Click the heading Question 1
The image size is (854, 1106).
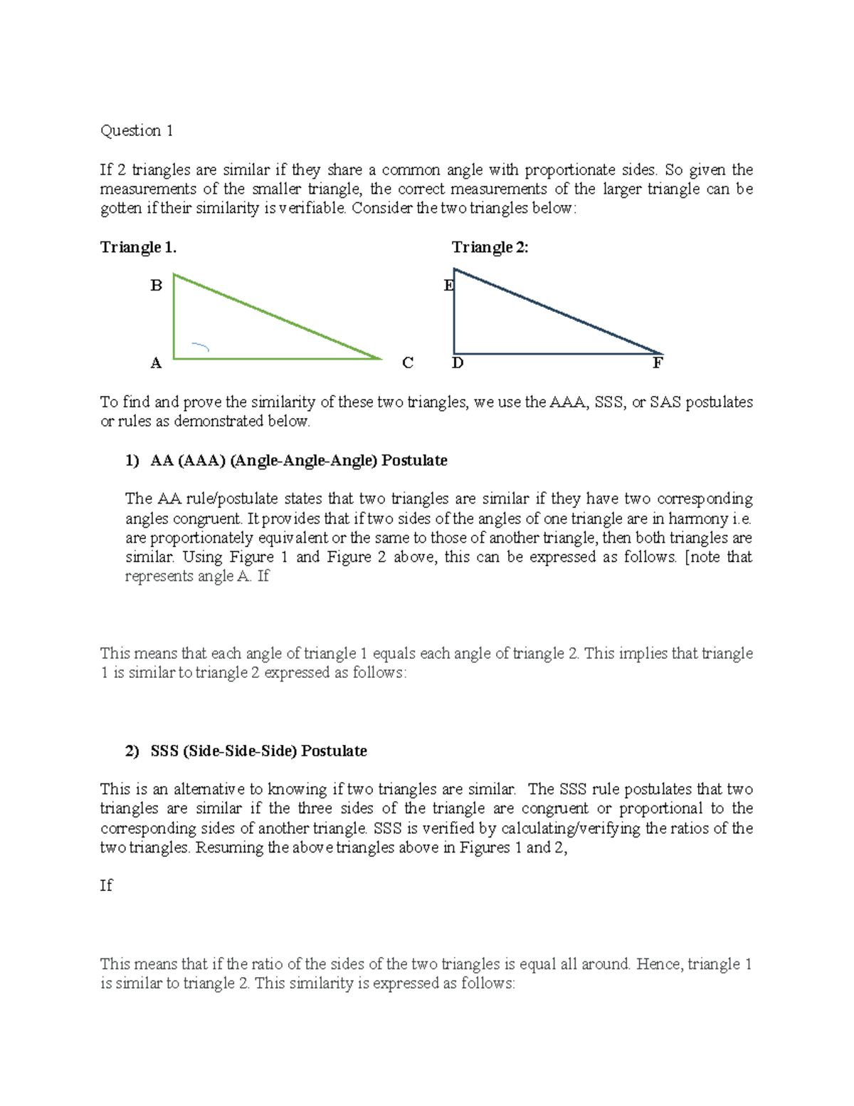[x=137, y=130]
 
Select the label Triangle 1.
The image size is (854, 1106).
[x=138, y=247]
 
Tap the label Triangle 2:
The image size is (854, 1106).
[x=490, y=247]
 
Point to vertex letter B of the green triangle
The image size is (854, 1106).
[x=157, y=286]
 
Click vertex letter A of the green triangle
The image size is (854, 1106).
[x=157, y=363]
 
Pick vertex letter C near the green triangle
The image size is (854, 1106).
[x=408, y=363]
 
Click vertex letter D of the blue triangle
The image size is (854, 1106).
[x=458, y=363]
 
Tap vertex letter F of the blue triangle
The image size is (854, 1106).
[x=658, y=363]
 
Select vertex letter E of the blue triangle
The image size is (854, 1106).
[x=448, y=286]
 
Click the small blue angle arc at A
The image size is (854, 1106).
[x=201, y=347]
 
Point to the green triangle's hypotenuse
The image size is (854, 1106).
[x=278, y=317]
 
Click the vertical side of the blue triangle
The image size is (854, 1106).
[x=454, y=313]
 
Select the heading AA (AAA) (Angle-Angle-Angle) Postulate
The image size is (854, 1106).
[x=299, y=461]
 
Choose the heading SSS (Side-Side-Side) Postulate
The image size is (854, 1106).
[x=259, y=751]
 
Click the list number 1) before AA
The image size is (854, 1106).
[x=132, y=461]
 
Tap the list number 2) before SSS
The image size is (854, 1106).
[x=132, y=751]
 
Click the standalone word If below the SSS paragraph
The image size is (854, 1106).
[x=106, y=885]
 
